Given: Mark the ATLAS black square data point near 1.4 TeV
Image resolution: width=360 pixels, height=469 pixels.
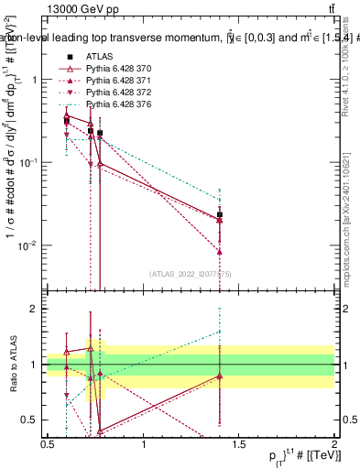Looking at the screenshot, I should click(220, 215).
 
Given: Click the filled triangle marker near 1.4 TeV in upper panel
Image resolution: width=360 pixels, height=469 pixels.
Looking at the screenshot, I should click(220, 251).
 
